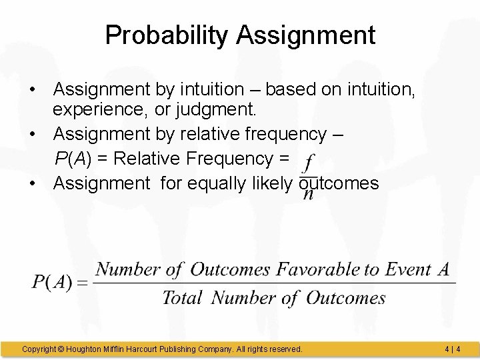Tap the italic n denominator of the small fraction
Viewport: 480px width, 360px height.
coord(308,195)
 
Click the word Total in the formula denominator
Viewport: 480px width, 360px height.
coord(182,297)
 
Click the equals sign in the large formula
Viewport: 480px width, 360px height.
coord(83,283)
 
